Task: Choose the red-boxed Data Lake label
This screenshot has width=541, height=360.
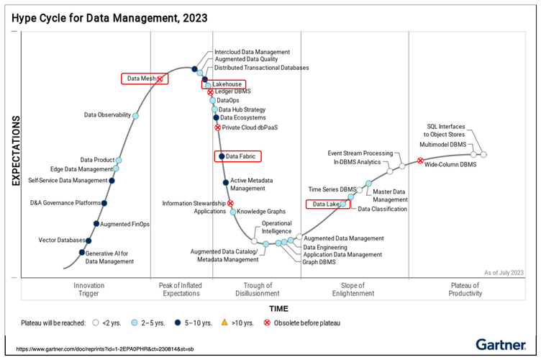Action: pyautogui.click(x=326, y=204)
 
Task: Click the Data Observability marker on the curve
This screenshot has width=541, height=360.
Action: pyautogui.click(x=135, y=115)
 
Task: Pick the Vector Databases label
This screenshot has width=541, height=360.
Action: pyautogui.click(x=61, y=240)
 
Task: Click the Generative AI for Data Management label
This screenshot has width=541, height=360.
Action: pyautogui.click(x=109, y=257)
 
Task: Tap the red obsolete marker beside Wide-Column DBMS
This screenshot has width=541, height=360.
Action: pyautogui.click(x=420, y=161)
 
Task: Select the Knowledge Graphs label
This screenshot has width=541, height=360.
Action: pyautogui.click(x=262, y=212)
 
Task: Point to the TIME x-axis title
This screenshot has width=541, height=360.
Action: pyautogui.click(x=278, y=307)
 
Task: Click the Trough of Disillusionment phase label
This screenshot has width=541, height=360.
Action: pyautogui.click(x=257, y=289)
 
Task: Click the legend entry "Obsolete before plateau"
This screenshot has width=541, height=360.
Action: pyautogui.click(x=305, y=323)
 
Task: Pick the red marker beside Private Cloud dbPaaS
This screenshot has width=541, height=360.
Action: pyautogui.click(x=217, y=127)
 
